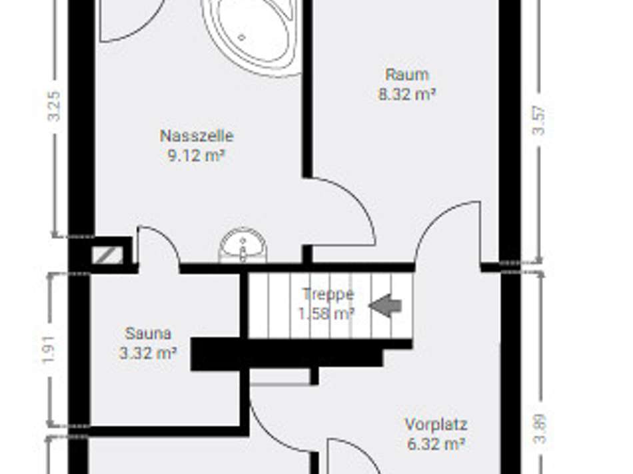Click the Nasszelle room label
(x=197, y=136)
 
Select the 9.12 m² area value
(x=197, y=156)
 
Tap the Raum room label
(x=406, y=74)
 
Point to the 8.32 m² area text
(x=406, y=95)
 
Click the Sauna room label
(x=148, y=333)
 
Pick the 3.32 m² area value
(x=148, y=354)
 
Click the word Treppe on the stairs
(x=328, y=294)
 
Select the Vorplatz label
(x=436, y=424)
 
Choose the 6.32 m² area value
(x=436, y=444)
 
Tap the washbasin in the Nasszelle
(x=243, y=246)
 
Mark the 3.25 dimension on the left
(x=55, y=105)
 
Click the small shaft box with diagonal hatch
(x=107, y=254)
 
